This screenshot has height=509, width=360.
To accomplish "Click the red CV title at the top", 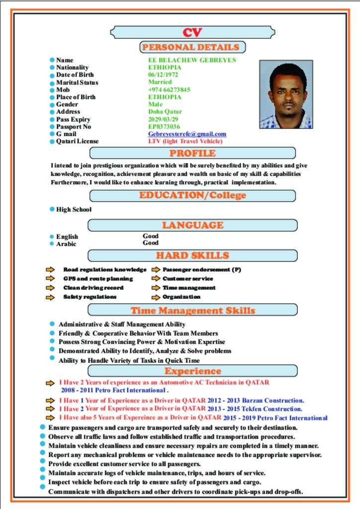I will click(192, 33).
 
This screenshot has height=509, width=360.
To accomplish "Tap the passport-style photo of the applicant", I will click(286, 94).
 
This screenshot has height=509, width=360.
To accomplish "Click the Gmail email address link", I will click(187, 134).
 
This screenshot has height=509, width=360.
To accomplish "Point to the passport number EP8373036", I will click(164, 127).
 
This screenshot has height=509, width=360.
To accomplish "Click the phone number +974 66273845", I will click(169, 89).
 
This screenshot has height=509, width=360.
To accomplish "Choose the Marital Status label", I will click(77, 82).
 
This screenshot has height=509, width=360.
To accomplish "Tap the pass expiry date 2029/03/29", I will click(163, 119).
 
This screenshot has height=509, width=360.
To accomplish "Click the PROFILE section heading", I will click(192, 153).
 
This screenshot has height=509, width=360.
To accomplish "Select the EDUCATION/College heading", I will click(192, 195).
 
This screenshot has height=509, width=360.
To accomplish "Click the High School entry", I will click(74, 210).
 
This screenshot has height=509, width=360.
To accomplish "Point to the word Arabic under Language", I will click(66, 244).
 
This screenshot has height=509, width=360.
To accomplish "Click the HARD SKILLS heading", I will click(192, 255).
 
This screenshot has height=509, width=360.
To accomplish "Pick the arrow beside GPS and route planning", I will click(50, 279).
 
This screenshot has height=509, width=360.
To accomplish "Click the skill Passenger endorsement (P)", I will click(202, 270).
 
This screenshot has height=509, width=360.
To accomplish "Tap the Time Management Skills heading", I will click(192, 311).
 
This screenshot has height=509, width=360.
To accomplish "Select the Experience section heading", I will click(192, 371).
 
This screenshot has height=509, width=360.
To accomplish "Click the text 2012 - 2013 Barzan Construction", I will click(256, 401).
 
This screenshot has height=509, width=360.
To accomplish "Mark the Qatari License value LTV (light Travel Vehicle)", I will click(185, 141).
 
